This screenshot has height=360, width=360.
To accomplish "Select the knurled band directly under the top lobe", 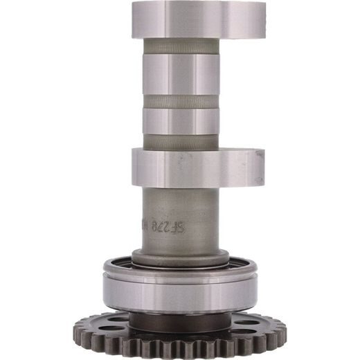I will [181, 46].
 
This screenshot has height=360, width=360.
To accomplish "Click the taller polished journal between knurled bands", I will [181, 75].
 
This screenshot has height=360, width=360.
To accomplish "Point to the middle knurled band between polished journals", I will [181, 102].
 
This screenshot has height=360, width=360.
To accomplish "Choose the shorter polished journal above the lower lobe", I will [181, 122].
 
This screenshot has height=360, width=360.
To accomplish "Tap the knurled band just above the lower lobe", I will [181, 141].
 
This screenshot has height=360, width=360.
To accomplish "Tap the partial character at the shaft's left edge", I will [146, 227].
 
